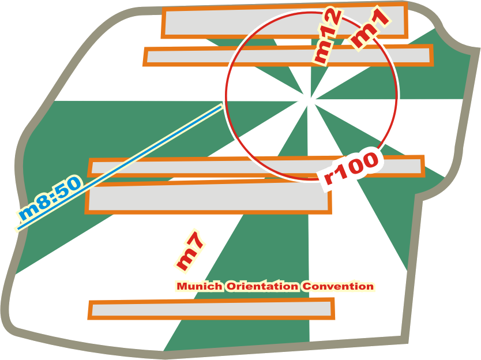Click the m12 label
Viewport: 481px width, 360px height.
coord(327,37)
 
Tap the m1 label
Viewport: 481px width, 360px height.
coord(370,29)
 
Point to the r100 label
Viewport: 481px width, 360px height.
coord(352,168)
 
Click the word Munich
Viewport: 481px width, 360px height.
coord(200,286)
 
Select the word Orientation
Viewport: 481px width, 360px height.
coord(262,286)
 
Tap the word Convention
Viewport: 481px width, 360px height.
coord(338,286)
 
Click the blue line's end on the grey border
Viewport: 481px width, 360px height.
coord(18,228)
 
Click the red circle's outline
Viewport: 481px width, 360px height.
coord(226,96)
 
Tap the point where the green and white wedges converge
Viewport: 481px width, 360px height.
coord(310,98)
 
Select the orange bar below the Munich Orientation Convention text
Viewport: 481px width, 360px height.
coord(211,309)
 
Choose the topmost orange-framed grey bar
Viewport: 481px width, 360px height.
coord(285,20)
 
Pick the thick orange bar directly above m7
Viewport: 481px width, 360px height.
coord(208,197)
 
